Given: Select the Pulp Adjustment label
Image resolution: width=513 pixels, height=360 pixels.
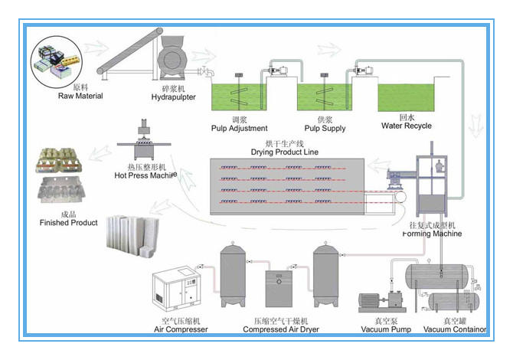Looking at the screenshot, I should click(238, 127).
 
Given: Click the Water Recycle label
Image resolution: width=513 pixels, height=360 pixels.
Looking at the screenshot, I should click(406, 126).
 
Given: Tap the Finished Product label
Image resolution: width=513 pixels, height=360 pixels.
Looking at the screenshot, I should click(69, 222).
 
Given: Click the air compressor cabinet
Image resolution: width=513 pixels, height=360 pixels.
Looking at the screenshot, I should click(178, 293).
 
